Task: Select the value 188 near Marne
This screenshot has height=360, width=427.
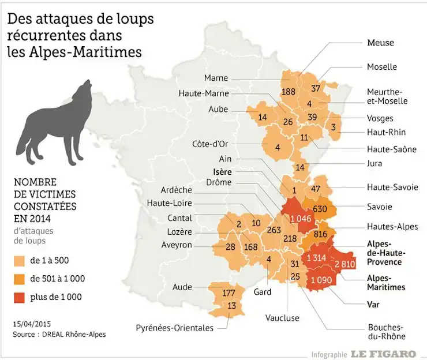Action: coord(288,92)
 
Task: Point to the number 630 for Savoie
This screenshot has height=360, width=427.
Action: coord(320,208)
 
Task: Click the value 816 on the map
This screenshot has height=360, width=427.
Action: coord(320,234)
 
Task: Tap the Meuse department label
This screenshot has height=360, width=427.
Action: coord(380,43)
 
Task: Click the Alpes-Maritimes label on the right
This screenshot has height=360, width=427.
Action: coord(386,282)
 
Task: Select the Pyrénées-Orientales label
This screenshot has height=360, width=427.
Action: coord(175,328)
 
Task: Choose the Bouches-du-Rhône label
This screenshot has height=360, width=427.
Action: coord(386,331)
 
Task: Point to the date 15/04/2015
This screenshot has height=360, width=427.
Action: coord(31,323)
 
